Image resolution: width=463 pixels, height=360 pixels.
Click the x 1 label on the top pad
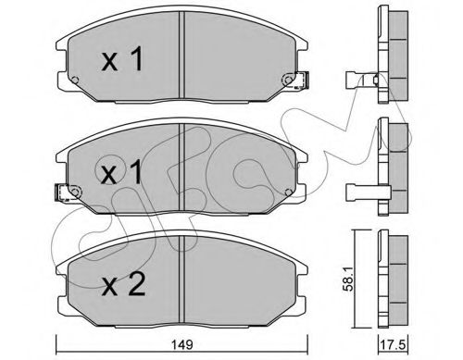point(120,60)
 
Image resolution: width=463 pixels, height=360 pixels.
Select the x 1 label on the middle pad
point(120,172)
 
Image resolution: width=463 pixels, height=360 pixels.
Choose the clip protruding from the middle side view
point(361,192)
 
